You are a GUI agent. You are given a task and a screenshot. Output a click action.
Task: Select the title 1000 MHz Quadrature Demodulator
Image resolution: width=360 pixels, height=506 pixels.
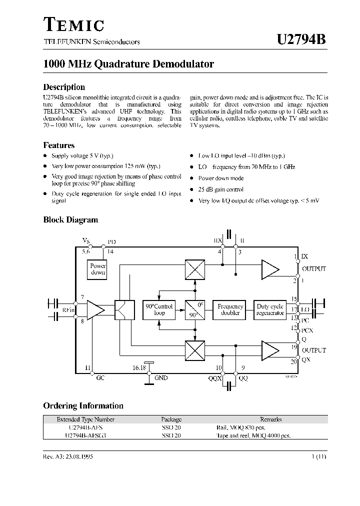click(128, 64)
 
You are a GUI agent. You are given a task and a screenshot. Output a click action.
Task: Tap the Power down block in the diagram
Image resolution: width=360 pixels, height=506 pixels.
click(98, 269)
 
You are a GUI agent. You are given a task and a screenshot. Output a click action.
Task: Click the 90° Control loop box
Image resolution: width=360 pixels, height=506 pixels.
click(159, 310)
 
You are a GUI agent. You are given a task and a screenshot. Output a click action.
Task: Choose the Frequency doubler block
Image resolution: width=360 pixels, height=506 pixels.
click(230, 310)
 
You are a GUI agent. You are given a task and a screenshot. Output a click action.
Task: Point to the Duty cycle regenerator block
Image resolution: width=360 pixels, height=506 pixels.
click(270, 310)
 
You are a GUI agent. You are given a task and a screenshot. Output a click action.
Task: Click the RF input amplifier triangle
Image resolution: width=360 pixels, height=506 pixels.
click(95, 310)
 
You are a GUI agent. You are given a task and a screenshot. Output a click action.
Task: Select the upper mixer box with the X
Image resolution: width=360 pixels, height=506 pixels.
click(194, 270)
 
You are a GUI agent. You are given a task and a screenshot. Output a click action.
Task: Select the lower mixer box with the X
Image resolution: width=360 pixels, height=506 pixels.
click(194, 349)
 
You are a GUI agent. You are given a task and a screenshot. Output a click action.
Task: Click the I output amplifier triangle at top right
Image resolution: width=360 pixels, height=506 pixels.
click(270, 270)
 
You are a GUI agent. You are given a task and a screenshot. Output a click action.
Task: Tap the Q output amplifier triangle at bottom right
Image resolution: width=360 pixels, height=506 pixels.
click(270, 349)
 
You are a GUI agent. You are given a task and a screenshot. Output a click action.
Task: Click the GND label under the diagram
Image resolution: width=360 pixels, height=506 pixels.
click(161, 378)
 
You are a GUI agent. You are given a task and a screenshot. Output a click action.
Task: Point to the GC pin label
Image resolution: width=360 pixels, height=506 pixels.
click(100, 378)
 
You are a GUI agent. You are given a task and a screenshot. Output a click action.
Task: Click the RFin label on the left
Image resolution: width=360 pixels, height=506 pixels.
click(68, 310)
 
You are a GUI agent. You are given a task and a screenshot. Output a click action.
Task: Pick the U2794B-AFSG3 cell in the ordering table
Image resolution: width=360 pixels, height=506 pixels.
click(85, 435)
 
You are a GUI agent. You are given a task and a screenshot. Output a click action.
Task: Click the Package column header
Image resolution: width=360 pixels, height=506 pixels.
click(171, 419)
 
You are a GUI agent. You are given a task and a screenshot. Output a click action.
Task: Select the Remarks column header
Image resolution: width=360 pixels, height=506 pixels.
click(270, 419)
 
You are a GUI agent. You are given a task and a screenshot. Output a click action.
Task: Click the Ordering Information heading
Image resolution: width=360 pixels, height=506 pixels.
click(83, 406)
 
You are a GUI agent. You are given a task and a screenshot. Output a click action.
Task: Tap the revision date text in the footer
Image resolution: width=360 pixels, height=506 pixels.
click(68, 457)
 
